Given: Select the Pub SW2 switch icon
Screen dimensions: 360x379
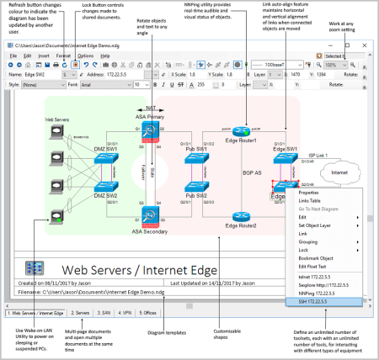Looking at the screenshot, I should click(x=195, y=188).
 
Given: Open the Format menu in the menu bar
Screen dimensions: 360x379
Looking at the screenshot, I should click(x=63, y=56).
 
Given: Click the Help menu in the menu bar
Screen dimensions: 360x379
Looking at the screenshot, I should click(x=105, y=56).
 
